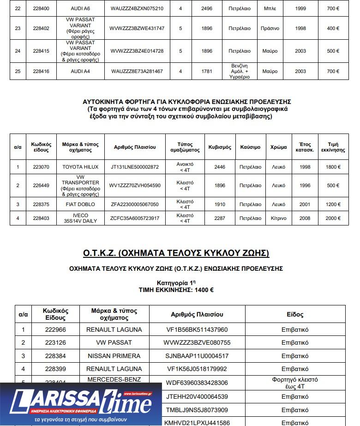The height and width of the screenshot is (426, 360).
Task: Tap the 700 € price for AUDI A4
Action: pos(333,71)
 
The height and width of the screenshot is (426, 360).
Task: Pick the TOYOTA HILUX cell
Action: pos(81,167)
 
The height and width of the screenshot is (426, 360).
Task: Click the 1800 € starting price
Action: pos(333,167)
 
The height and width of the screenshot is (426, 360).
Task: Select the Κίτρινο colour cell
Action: pos(278,218)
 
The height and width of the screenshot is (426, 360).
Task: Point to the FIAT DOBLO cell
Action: pos(81,204)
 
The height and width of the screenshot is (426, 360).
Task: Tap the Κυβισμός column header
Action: pos(220,147)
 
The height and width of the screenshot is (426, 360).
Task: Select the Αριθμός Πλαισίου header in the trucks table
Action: pos(138,147)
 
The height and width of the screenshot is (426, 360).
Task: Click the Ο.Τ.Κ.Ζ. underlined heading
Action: pos(176,253)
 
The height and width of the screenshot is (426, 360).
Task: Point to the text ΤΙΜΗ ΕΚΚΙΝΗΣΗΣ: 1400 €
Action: pos(176,290)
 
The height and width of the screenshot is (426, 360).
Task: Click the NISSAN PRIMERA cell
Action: pos(114,356)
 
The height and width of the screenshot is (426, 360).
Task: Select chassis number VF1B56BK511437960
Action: pos(197,330)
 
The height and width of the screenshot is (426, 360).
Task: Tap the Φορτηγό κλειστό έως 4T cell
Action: pos(295,383)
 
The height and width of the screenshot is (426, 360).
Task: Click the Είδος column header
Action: pos(295,314)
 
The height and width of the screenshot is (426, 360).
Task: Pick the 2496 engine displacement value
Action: pos(207,8)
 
